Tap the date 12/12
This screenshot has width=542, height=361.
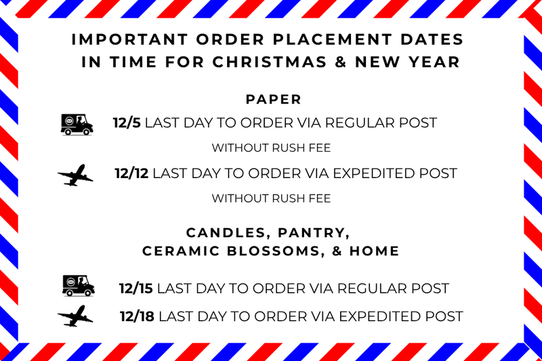[x=131, y=173]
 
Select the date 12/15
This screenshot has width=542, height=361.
[x=135, y=289]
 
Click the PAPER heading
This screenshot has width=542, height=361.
[x=273, y=100]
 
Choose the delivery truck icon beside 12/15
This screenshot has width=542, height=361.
[x=78, y=286]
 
